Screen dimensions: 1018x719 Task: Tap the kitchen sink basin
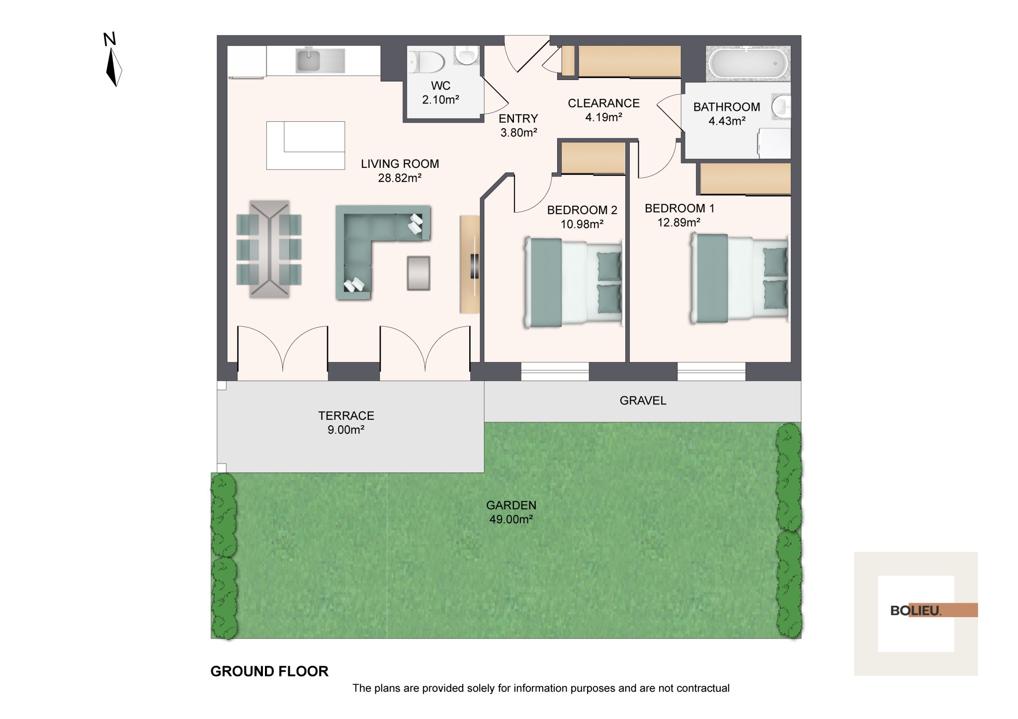click(x=308, y=61)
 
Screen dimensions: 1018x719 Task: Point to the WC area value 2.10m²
click(x=440, y=100)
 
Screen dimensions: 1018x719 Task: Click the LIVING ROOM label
click(x=400, y=164)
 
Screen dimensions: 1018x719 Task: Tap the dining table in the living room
click(x=269, y=249)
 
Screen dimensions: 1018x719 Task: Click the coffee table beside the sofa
click(x=419, y=273)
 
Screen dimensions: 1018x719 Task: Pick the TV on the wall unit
click(x=475, y=266)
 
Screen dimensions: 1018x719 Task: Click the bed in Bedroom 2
click(x=573, y=282)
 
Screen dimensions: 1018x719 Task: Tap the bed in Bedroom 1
click(x=739, y=278)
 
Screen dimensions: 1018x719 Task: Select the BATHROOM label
click(x=727, y=107)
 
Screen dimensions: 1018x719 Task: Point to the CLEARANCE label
click(x=603, y=103)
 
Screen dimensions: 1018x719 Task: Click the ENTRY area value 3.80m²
click(x=518, y=133)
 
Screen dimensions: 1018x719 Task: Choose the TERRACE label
click(x=346, y=416)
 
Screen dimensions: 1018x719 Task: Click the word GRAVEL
click(x=643, y=400)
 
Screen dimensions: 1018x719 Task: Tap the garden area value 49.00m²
click(x=511, y=520)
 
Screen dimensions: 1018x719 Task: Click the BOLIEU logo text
click(x=916, y=611)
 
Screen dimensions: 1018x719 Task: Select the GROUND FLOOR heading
click(x=269, y=671)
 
